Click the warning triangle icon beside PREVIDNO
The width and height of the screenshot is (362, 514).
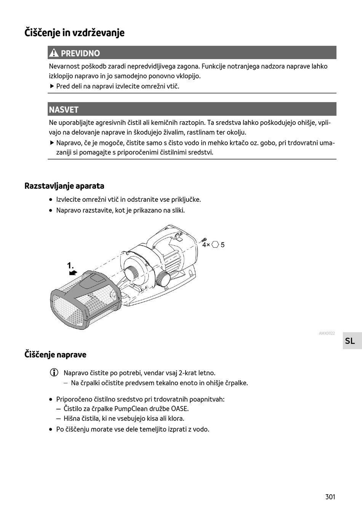click(x=54, y=53)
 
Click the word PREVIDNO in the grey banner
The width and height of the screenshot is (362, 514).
click(x=80, y=53)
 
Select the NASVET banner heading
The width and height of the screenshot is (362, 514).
click(x=64, y=110)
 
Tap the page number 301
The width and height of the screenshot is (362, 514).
click(x=330, y=496)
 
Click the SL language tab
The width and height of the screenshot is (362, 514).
click(x=350, y=341)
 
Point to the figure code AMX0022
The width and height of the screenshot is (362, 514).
click(x=327, y=333)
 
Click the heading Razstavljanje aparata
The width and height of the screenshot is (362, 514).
click(x=64, y=186)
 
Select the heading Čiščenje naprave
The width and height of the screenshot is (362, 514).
click(x=55, y=355)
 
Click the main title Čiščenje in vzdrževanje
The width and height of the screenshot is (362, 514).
click(x=74, y=33)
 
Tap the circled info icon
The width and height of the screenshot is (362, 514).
click(x=54, y=373)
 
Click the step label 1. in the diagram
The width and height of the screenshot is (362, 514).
click(x=70, y=265)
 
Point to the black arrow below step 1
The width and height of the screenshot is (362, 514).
click(x=73, y=273)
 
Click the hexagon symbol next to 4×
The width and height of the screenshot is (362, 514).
click(x=215, y=245)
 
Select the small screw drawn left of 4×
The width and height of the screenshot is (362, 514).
click(x=204, y=239)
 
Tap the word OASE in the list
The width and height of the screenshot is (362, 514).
click(x=180, y=409)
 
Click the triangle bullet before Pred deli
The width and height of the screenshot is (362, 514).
click(x=52, y=86)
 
